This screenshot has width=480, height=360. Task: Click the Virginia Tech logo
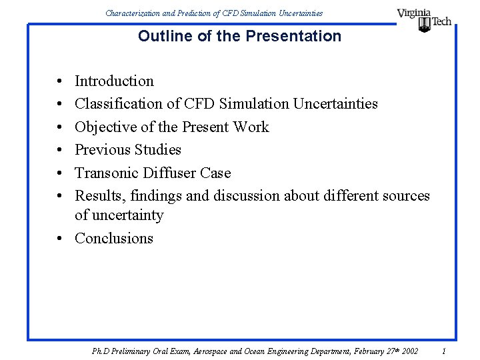(x=424, y=19)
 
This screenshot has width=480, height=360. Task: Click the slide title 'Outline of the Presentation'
(x=239, y=36)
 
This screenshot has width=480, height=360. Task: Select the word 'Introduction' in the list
(x=114, y=81)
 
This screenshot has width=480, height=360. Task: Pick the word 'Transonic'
(x=107, y=173)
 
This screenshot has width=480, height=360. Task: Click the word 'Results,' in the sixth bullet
(x=101, y=196)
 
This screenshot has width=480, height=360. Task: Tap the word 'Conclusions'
(x=114, y=239)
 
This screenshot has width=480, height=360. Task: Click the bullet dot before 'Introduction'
(x=61, y=82)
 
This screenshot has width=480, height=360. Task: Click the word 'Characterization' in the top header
(x=132, y=13)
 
